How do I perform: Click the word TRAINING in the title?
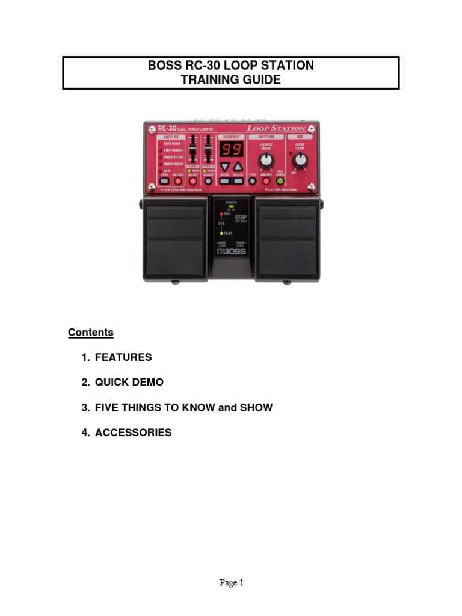[x=210, y=79]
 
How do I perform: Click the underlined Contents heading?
[x=90, y=332]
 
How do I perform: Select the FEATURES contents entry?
[x=123, y=357]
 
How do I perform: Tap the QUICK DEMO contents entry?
[x=129, y=383]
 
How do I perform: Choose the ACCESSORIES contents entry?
[x=133, y=433]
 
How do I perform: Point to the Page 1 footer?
[x=231, y=582]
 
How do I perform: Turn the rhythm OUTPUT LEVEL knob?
[x=266, y=159]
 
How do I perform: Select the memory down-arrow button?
[x=224, y=167]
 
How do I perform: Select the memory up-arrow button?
[x=238, y=167]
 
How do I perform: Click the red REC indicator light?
[x=222, y=214]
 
